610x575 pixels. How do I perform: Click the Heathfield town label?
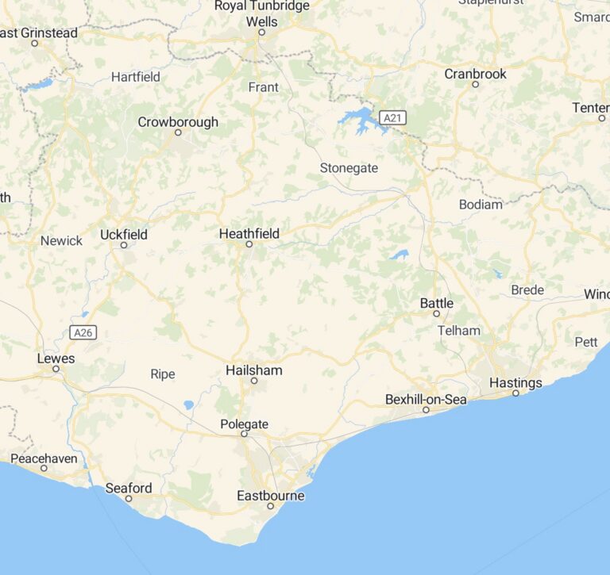point(249,233)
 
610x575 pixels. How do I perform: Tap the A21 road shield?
point(391,118)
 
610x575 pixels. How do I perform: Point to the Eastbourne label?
point(270,496)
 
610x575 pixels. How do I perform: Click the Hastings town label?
point(515,382)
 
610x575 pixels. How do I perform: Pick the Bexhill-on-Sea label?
point(426,399)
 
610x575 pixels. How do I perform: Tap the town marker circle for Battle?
point(436,313)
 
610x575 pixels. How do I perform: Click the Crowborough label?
point(178,122)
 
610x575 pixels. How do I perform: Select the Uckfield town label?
point(124,234)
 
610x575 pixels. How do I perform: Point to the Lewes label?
point(56,358)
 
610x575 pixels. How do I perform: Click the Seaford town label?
point(129,488)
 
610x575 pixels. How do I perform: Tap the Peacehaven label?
point(44,458)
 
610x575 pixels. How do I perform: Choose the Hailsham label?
point(253,370)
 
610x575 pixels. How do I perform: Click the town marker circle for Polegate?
point(244,434)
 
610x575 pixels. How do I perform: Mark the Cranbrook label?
point(475,74)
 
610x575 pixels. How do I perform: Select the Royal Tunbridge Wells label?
point(262,13)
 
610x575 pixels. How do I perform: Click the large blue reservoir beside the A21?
point(360,121)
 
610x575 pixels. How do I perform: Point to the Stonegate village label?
point(349,168)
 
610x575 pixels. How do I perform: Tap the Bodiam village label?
point(481,205)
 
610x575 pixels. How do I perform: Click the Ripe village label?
point(162,374)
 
